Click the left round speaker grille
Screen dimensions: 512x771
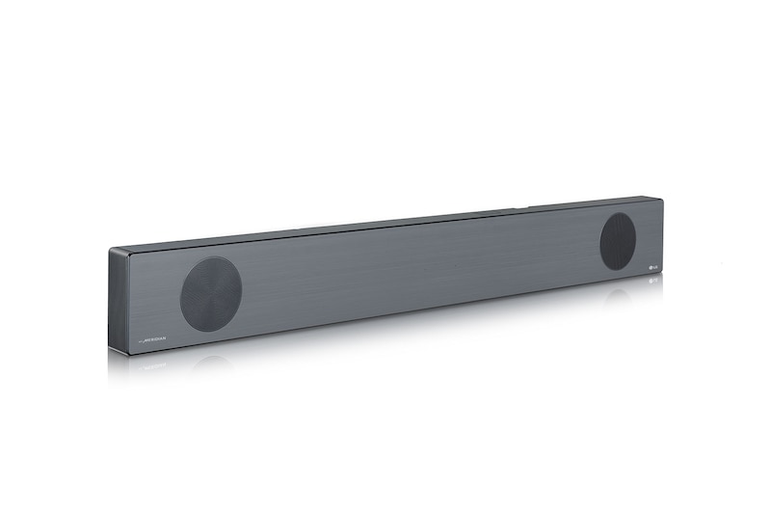click(x=211, y=294)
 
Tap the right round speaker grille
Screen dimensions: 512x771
click(x=618, y=241)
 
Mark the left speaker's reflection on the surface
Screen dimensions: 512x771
click(x=211, y=362)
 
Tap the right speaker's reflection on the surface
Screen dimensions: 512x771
click(x=618, y=295)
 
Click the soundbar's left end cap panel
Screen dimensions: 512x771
click(x=118, y=301)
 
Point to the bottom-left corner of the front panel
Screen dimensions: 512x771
click(x=128, y=353)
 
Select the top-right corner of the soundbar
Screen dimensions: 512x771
click(x=662, y=199)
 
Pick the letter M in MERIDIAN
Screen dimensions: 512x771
click(x=145, y=340)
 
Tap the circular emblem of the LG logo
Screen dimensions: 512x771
click(x=647, y=266)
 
